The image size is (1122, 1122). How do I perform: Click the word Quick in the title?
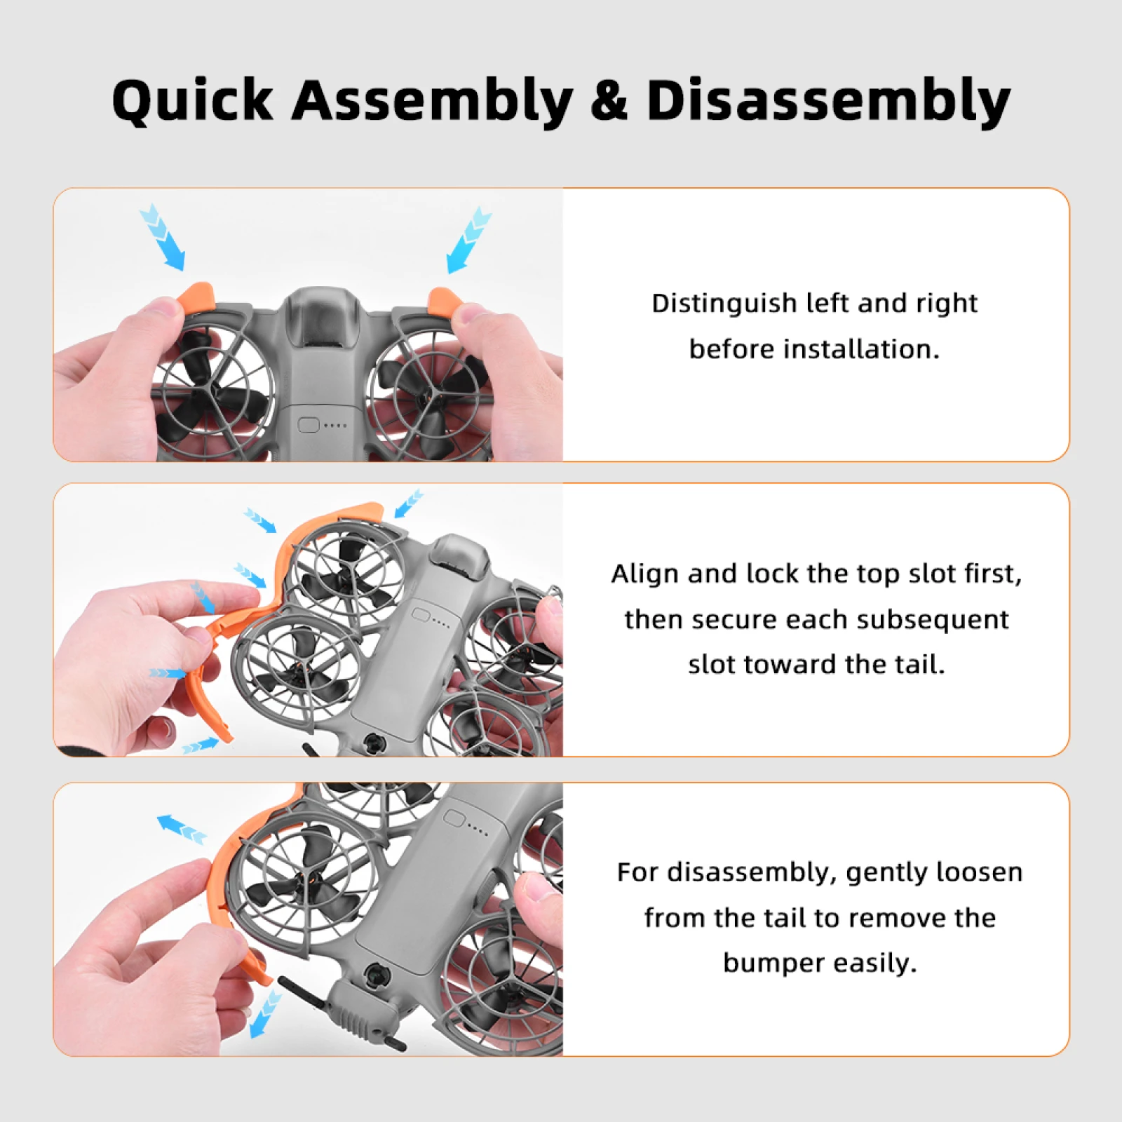(192, 100)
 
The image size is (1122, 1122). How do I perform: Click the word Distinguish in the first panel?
(722, 304)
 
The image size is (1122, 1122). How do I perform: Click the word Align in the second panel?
(644, 574)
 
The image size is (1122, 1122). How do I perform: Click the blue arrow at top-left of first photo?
(162, 236)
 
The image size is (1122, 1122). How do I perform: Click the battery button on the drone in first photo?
(309, 425)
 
